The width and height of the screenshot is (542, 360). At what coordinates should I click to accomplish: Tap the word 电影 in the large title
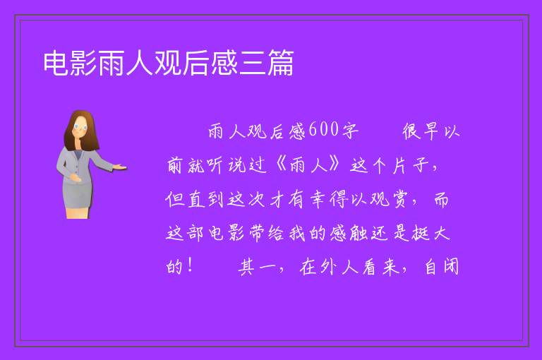coord(70,63)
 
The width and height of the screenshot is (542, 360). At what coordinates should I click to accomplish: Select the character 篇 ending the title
coord(280,63)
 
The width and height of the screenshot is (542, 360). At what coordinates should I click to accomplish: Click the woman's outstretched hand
coord(119,167)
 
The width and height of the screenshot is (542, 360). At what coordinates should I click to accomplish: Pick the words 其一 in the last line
coord(258,267)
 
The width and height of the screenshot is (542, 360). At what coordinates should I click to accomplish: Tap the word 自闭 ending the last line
coord(442,267)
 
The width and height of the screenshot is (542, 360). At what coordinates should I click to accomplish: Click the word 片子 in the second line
coord(411,165)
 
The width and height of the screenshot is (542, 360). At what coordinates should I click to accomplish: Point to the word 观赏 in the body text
coord(388,199)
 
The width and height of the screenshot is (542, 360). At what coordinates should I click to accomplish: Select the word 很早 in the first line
coord(421,131)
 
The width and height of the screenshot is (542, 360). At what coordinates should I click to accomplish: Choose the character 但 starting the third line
coord(174,199)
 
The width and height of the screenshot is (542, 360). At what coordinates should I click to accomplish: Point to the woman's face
coord(80,128)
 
